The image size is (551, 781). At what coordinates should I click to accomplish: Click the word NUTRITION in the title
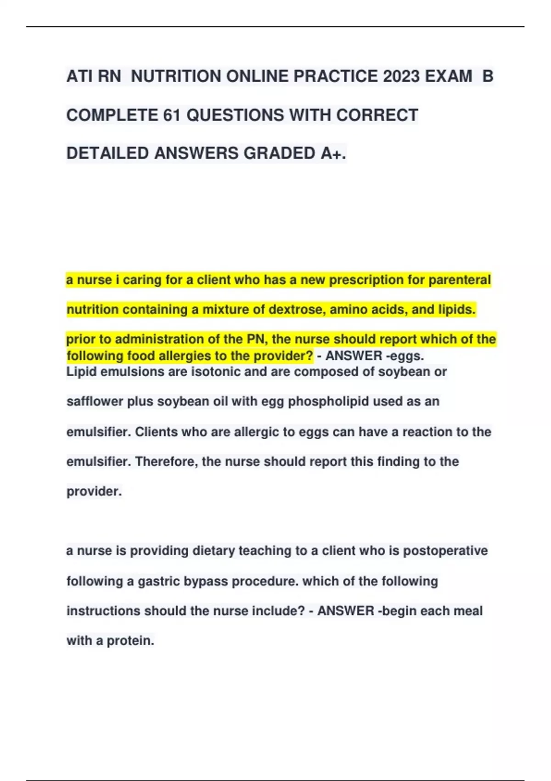[176, 76]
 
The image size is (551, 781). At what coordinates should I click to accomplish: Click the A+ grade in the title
[333, 153]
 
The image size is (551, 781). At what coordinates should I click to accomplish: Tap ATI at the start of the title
[80, 76]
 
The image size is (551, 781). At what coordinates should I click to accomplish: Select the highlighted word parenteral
[460, 280]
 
